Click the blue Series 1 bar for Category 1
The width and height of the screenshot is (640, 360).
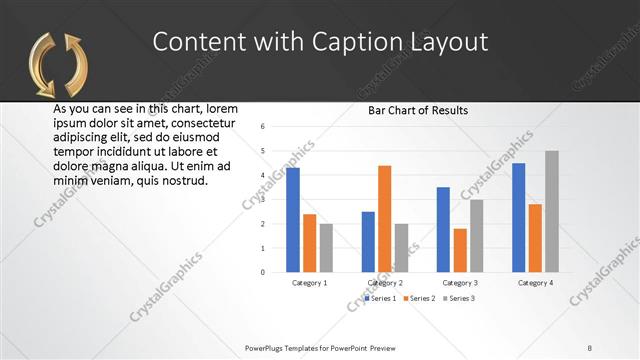point(293,220)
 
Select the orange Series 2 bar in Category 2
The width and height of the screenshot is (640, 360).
point(385,219)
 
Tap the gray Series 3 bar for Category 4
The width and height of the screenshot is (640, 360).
point(552,211)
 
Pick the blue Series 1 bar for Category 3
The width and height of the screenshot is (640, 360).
point(443,229)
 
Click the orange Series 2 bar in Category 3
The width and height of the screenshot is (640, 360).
point(460,250)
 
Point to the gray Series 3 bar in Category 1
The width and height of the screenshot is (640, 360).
point(326,247)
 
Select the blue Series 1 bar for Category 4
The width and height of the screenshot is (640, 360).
point(519,217)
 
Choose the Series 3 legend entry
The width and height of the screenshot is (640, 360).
point(457,298)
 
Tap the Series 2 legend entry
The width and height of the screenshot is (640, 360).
point(420,298)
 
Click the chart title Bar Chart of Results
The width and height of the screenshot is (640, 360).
point(418,110)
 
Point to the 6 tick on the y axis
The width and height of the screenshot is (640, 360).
point(262,127)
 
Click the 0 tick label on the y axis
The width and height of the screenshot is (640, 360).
point(262,272)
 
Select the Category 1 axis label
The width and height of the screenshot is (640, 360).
point(309,283)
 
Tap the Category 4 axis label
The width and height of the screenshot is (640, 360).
point(536,283)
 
